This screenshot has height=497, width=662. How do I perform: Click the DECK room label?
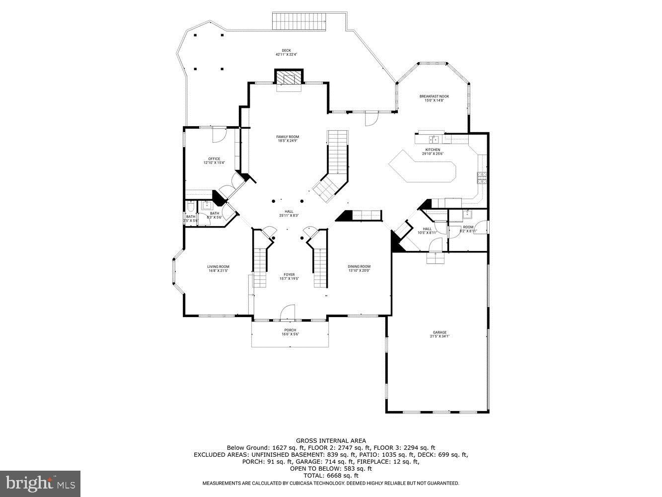(286, 50)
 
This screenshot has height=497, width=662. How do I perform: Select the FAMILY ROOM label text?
(288, 137)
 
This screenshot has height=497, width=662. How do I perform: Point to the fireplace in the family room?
(289, 78)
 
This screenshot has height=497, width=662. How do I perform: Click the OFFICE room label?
(214, 159)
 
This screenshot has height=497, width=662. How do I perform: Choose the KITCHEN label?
(432, 150)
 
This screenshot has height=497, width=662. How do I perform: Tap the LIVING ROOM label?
(218, 267)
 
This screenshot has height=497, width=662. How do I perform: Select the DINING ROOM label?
(359, 267)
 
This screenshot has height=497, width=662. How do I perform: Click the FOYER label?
(289, 274)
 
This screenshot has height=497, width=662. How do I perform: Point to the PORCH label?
(290, 330)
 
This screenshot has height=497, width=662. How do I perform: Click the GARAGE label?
(440, 332)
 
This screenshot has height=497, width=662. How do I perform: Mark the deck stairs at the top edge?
(299, 21)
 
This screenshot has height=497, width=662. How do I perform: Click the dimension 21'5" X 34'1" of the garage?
(440, 336)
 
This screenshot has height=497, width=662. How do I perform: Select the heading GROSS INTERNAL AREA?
(331, 440)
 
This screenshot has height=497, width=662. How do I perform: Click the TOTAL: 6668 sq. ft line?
(331, 476)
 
